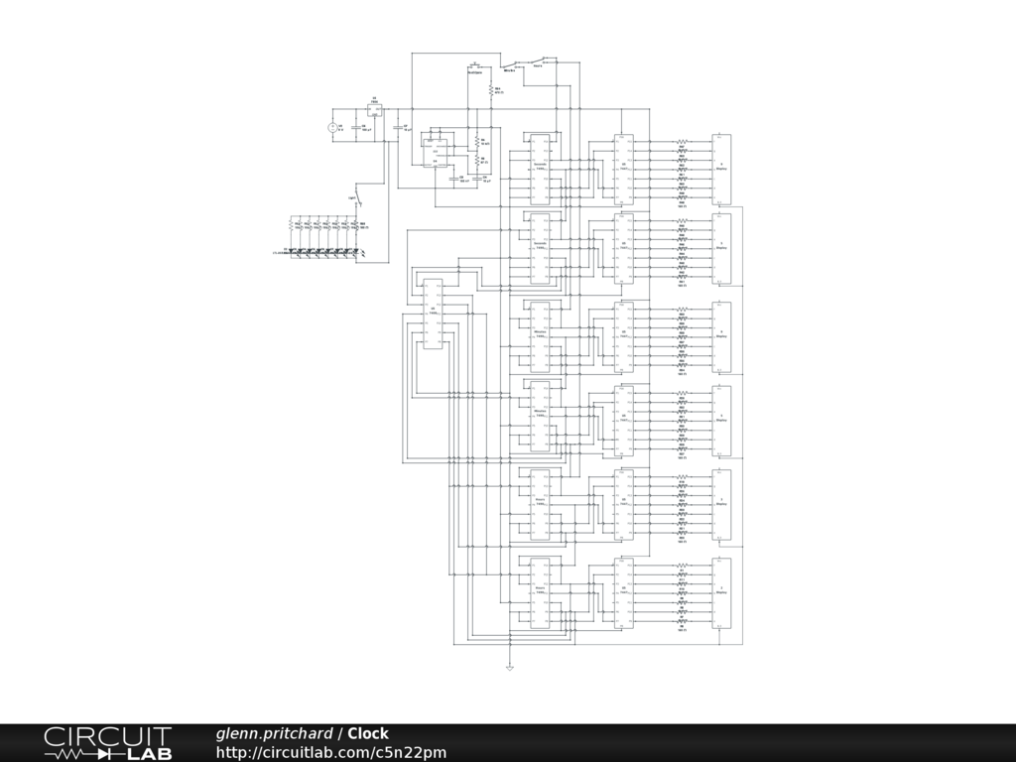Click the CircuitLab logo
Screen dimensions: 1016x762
coord(107,743)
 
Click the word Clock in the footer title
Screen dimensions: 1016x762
coord(367,734)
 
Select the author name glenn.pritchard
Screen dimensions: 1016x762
coord(275,734)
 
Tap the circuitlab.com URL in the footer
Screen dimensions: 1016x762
coord(331,753)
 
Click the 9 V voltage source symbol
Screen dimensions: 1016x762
coord(332,127)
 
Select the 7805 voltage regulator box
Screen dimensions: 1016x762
coord(375,111)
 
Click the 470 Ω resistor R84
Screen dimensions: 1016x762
coord(490,90)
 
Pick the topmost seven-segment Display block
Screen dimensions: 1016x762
coord(722,168)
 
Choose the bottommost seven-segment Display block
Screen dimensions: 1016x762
coord(722,592)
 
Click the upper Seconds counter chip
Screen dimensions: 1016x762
coord(541,168)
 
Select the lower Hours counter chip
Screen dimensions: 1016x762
coord(541,592)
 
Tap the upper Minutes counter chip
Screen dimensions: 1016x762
coord(541,336)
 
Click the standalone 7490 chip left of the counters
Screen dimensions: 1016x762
coord(433,314)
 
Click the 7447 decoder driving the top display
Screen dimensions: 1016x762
coord(623,168)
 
